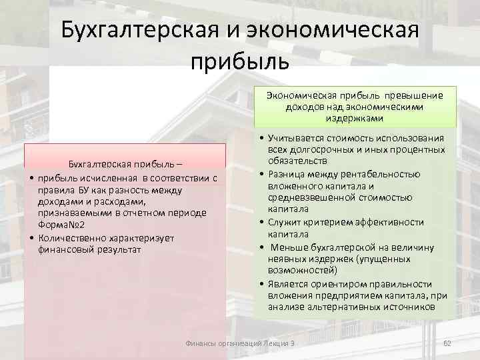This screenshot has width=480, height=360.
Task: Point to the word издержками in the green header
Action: [355, 117]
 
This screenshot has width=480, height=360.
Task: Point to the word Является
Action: [288, 283]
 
